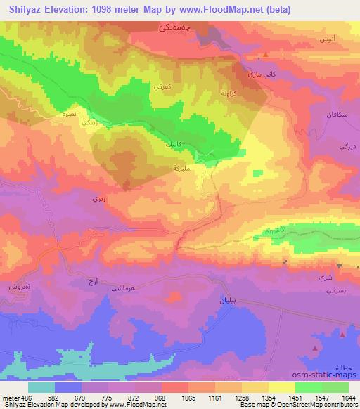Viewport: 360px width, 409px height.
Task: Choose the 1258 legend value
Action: click(x=229, y=398)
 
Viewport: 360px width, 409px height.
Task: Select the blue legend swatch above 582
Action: click(x=68, y=387)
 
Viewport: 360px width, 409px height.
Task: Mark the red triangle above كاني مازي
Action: click(x=265, y=54)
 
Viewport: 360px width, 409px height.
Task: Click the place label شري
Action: click(x=326, y=277)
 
